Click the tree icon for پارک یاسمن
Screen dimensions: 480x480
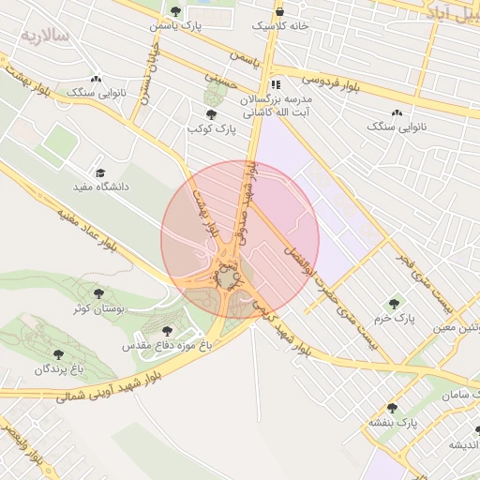click(176, 10)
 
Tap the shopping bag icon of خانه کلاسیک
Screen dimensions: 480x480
click(280, 11)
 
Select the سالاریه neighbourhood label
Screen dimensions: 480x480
click(44, 36)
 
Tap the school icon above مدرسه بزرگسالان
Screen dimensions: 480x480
click(275, 82)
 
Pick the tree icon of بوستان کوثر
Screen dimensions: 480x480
click(97, 293)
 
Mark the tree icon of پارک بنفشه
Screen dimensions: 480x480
click(392, 409)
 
